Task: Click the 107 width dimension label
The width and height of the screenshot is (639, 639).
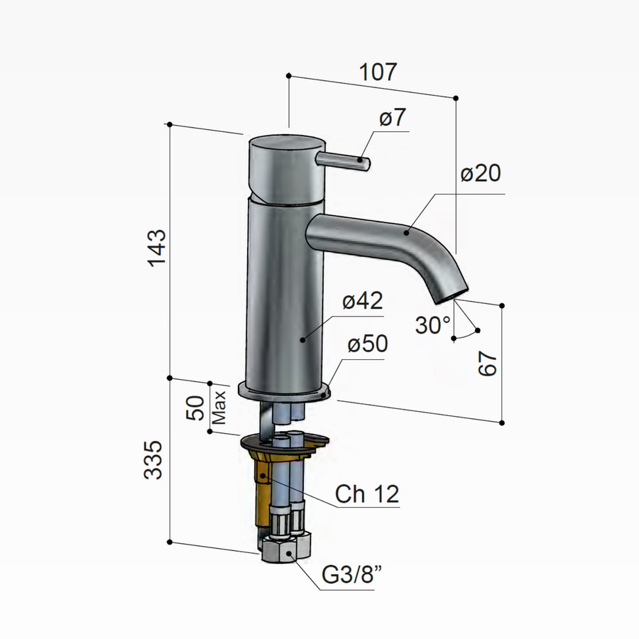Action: click(x=378, y=72)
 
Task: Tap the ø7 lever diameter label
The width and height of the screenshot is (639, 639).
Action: click(x=393, y=119)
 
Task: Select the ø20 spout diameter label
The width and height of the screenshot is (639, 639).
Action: click(x=480, y=174)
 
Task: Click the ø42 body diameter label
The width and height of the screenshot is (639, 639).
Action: click(x=362, y=301)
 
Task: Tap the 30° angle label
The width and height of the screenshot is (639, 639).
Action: click(x=433, y=325)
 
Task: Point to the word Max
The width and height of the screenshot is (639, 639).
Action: click(x=220, y=408)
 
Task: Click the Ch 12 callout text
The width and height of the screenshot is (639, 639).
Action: click(x=367, y=494)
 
